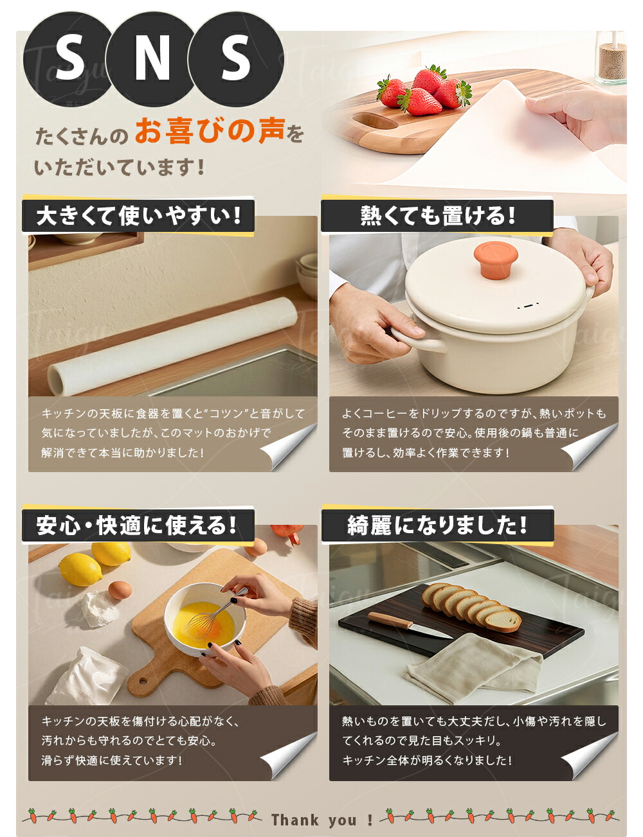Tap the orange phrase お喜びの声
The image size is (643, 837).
pyautogui.click(x=210, y=131)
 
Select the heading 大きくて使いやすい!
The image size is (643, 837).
pyautogui.click(x=139, y=215)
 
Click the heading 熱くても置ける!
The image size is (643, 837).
pyautogui.click(x=437, y=215)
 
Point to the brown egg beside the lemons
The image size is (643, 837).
pyautogui.click(x=120, y=590)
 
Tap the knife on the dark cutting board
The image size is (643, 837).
pyautogui.click(x=410, y=624)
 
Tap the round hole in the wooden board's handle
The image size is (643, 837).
pyautogui.click(x=143, y=682)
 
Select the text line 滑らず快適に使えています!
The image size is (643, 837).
pyautogui.click(x=112, y=760)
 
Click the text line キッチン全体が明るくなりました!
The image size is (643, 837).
pyautogui.click(x=427, y=760)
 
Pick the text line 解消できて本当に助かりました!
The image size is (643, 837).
pyautogui.click(x=123, y=452)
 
